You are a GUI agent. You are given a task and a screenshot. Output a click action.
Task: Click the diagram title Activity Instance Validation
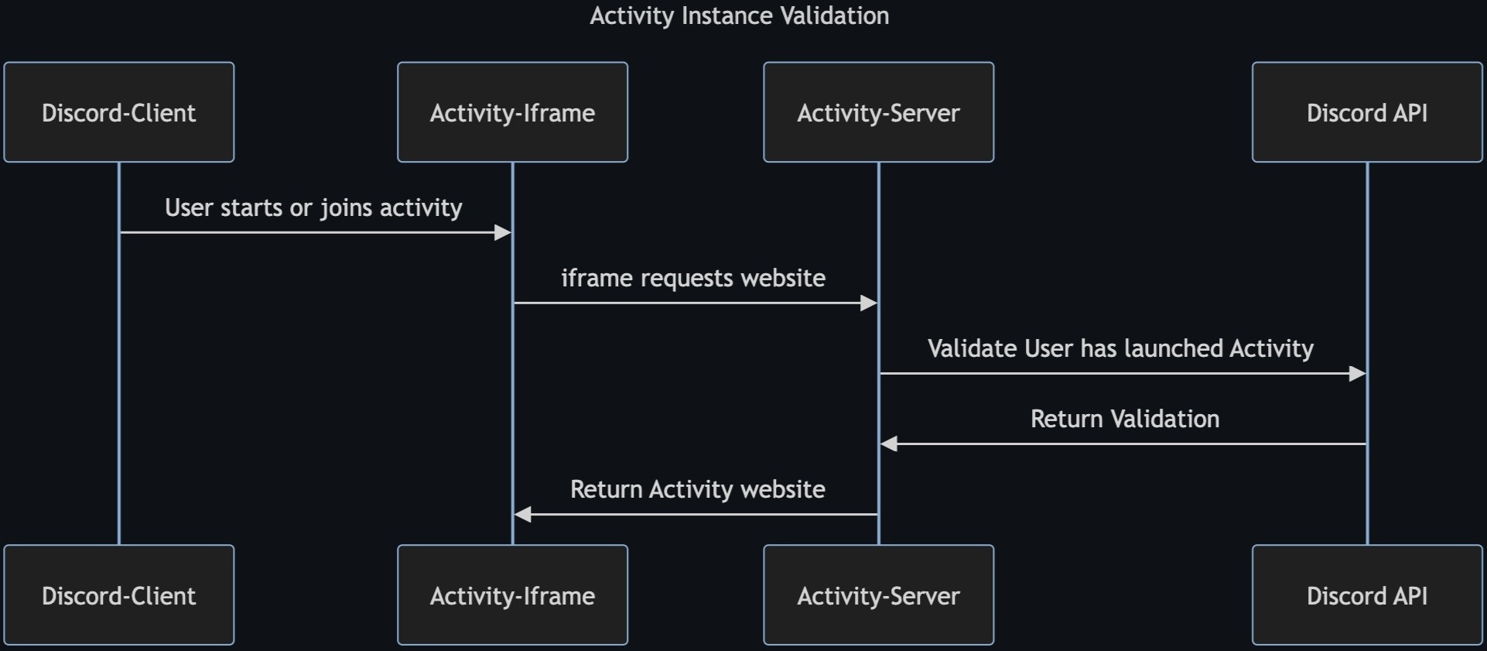point(739,15)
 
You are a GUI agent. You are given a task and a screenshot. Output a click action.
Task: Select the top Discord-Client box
point(118,112)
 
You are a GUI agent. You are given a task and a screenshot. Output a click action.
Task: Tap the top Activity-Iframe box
point(512,112)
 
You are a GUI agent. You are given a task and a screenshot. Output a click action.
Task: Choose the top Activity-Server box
point(878,112)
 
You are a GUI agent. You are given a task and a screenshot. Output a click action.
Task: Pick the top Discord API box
point(1366,112)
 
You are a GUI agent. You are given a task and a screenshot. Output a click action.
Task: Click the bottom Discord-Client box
point(118,594)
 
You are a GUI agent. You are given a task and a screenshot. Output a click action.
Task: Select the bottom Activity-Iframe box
point(512,594)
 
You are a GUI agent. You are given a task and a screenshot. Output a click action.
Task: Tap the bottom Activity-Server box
point(878,594)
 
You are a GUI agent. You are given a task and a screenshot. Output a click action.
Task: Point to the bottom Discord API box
point(1366,594)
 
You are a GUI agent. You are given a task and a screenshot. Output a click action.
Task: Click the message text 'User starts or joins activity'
point(313,207)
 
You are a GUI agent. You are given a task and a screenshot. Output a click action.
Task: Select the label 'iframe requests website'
point(692,278)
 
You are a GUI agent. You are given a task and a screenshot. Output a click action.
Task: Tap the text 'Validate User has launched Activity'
point(1120,348)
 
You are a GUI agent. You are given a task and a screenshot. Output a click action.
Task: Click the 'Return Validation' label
point(1124,419)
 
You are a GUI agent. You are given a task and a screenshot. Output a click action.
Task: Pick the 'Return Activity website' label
point(697,489)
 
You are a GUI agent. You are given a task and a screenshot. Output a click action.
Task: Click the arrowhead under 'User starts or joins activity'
point(503,232)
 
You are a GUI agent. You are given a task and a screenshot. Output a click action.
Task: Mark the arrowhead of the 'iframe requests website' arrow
point(869,303)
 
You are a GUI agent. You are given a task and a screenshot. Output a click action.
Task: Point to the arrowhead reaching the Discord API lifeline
point(1357,374)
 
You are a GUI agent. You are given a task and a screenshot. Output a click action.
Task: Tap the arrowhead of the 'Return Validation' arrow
point(889,444)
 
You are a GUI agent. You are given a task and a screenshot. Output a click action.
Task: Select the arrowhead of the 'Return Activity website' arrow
point(523,514)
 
